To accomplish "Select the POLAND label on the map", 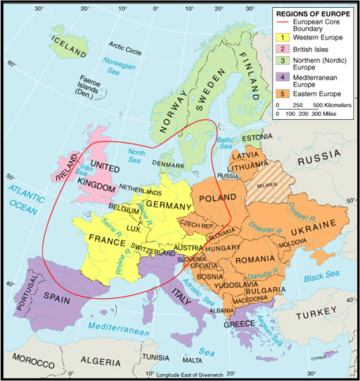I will point(209,194).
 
